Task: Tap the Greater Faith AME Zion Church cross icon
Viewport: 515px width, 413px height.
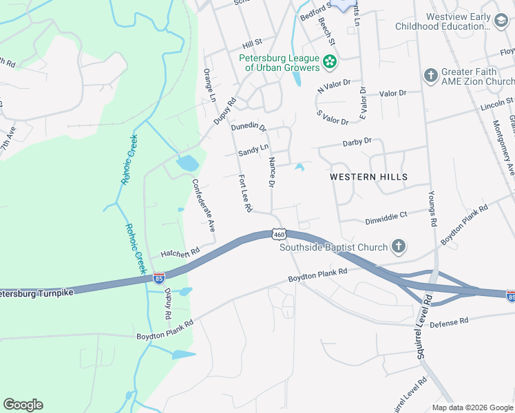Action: tap(431, 75)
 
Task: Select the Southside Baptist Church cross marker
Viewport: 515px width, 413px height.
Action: tap(398, 246)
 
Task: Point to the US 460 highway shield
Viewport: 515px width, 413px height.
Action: tap(279, 234)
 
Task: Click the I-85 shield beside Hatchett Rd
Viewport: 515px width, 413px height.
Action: tap(159, 278)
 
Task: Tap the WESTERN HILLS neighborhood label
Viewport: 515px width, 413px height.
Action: tap(368, 177)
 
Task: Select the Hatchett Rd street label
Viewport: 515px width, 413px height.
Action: tap(180, 252)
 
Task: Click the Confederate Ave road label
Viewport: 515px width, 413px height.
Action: tap(204, 204)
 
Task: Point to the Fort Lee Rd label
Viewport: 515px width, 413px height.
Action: tap(245, 193)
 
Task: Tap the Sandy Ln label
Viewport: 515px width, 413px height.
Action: tap(253, 149)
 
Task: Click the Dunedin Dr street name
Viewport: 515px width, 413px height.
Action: tap(249, 126)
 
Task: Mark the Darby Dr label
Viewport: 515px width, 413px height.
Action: tap(357, 142)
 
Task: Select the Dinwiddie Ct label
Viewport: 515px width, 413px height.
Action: tap(385, 215)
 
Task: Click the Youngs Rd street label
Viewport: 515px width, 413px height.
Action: tap(432, 208)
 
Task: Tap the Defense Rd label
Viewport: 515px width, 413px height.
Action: tap(449, 321)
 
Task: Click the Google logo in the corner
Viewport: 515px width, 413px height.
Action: tap(23, 405)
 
